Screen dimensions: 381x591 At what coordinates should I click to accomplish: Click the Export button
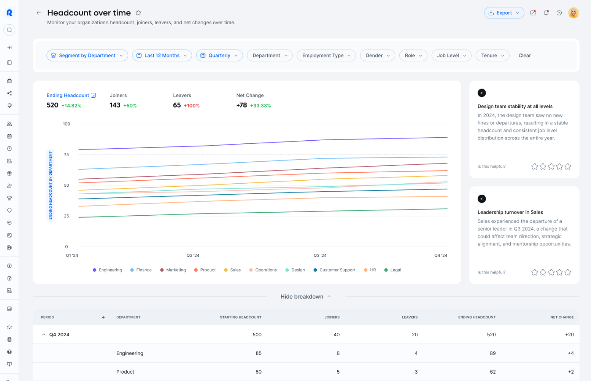point(504,13)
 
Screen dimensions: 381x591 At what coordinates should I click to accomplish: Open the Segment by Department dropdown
point(87,55)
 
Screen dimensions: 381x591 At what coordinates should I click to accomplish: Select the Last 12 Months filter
point(162,55)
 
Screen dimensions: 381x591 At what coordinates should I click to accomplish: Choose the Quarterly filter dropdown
point(219,55)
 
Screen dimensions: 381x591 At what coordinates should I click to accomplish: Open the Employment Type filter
point(326,55)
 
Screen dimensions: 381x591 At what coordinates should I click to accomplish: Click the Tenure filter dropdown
point(492,55)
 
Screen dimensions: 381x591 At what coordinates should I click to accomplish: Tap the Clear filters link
point(524,55)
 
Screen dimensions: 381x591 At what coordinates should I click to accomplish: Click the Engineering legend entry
point(107,270)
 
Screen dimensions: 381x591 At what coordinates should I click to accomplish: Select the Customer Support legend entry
point(334,270)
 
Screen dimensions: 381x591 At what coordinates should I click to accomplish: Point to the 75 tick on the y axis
point(66,154)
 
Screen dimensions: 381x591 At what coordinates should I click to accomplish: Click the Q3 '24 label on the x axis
point(320,256)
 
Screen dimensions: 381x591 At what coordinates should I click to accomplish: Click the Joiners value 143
point(115,105)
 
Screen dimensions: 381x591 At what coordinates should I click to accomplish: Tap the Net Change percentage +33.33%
point(260,106)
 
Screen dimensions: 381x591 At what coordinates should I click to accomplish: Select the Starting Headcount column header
point(240,317)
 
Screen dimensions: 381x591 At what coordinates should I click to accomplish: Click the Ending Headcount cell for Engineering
point(493,353)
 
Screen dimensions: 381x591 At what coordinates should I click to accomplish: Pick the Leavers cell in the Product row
point(415,372)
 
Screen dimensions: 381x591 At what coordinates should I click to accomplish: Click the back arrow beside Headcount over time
point(39,13)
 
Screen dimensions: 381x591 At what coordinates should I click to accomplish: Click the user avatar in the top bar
point(573,13)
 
